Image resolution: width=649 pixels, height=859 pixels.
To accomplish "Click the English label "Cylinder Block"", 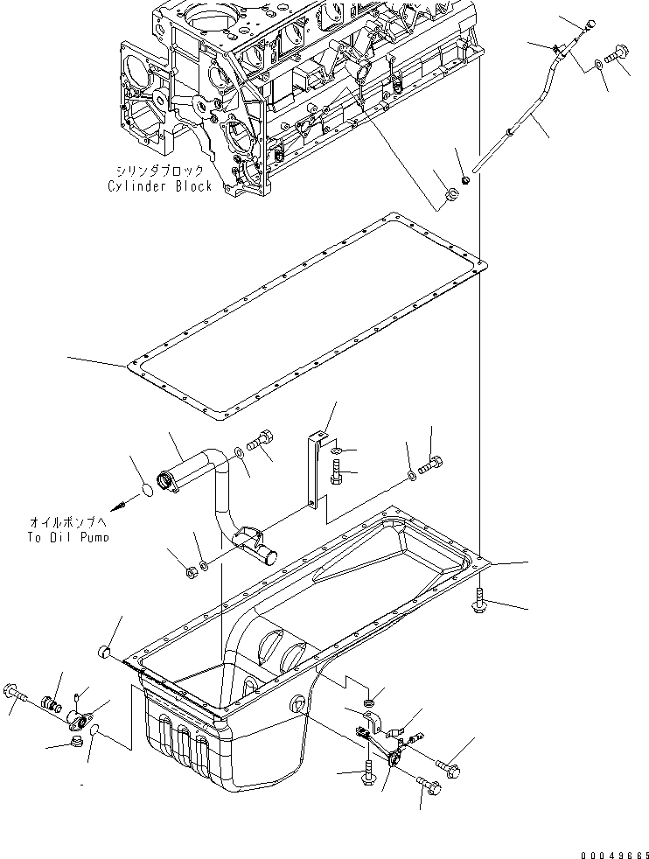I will pyautogui.click(x=160, y=186).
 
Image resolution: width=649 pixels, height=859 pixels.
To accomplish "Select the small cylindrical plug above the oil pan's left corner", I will pyautogui.click(x=105, y=650).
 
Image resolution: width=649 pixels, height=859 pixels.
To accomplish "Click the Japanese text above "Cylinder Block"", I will pyautogui.click(x=160, y=171).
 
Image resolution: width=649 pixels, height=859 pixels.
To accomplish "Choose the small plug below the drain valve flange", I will pyautogui.click(x=75, y=744).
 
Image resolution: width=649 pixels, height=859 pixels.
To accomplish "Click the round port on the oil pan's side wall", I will pyautogui.click(x=297, y=707).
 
